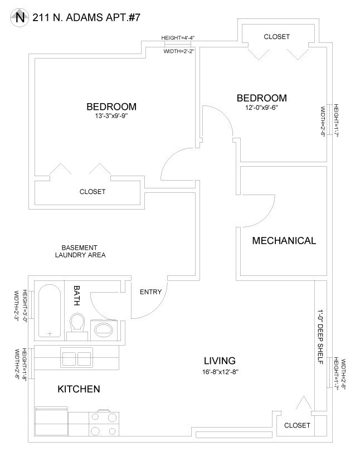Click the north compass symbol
tap(20, 18)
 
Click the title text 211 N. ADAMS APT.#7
tap(86, 18)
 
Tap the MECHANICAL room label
tap(284, 240)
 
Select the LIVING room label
tap(220, 361)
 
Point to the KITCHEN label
tap(79, 389)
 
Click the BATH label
tap(76, 295)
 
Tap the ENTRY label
tap(151, 292)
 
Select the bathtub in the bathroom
tap(50, 310)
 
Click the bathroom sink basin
tap(104, 330)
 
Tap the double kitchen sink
tap(76, 357)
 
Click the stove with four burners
tap(104, 424)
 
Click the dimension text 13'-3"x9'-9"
tap(111, 115)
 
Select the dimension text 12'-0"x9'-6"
tap(261, 108)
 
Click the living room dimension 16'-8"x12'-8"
tap(220, 372)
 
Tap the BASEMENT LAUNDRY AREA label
tap(80, 251)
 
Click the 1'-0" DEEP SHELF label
tap(320, 337)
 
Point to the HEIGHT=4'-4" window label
tap(178, 38)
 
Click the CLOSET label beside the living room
tap(297, 425)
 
